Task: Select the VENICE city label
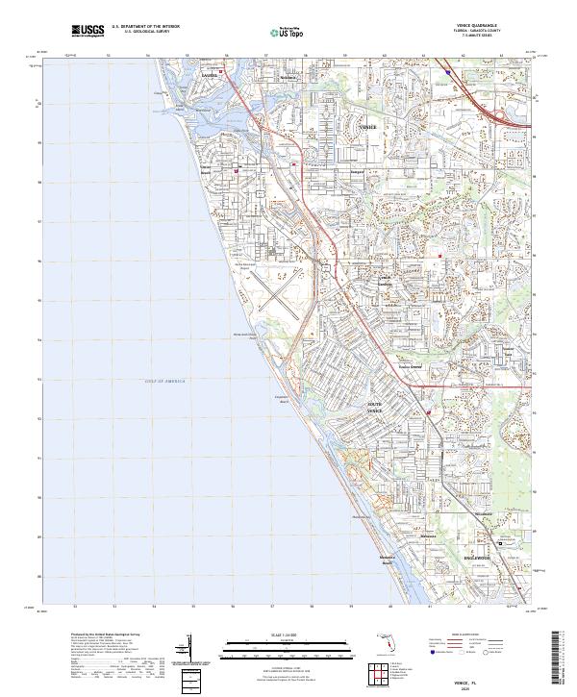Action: [367, 127]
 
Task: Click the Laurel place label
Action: [209, 73]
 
